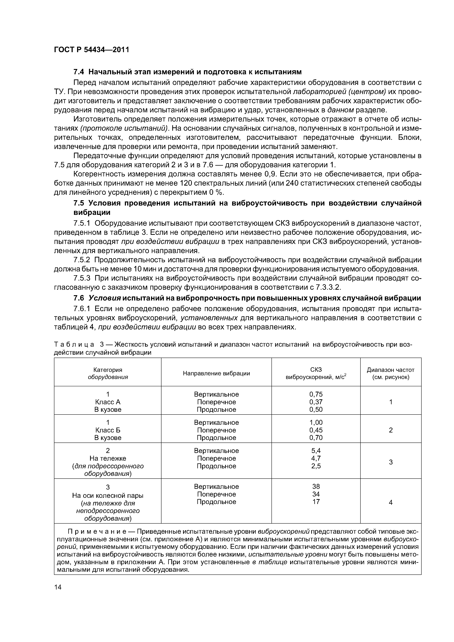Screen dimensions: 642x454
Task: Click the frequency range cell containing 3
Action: click(390, 462)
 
